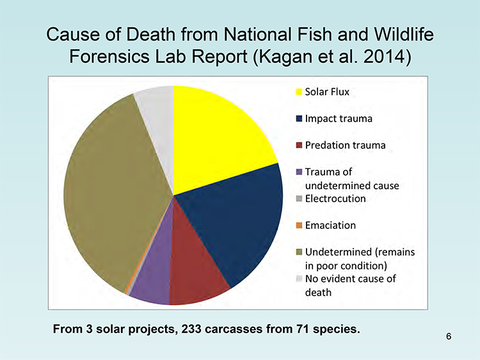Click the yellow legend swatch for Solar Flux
(299, 92)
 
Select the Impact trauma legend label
(339, 119)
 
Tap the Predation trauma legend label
(346, 145)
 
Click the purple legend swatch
(299, 172)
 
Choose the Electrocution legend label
(335, 199)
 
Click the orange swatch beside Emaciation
(299, 226)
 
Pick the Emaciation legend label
(330, 226)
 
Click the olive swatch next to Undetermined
(299, 252)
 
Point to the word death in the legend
(318, 292)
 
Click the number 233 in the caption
(191, 329)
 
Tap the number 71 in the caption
(303, 329)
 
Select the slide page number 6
(449, 336)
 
